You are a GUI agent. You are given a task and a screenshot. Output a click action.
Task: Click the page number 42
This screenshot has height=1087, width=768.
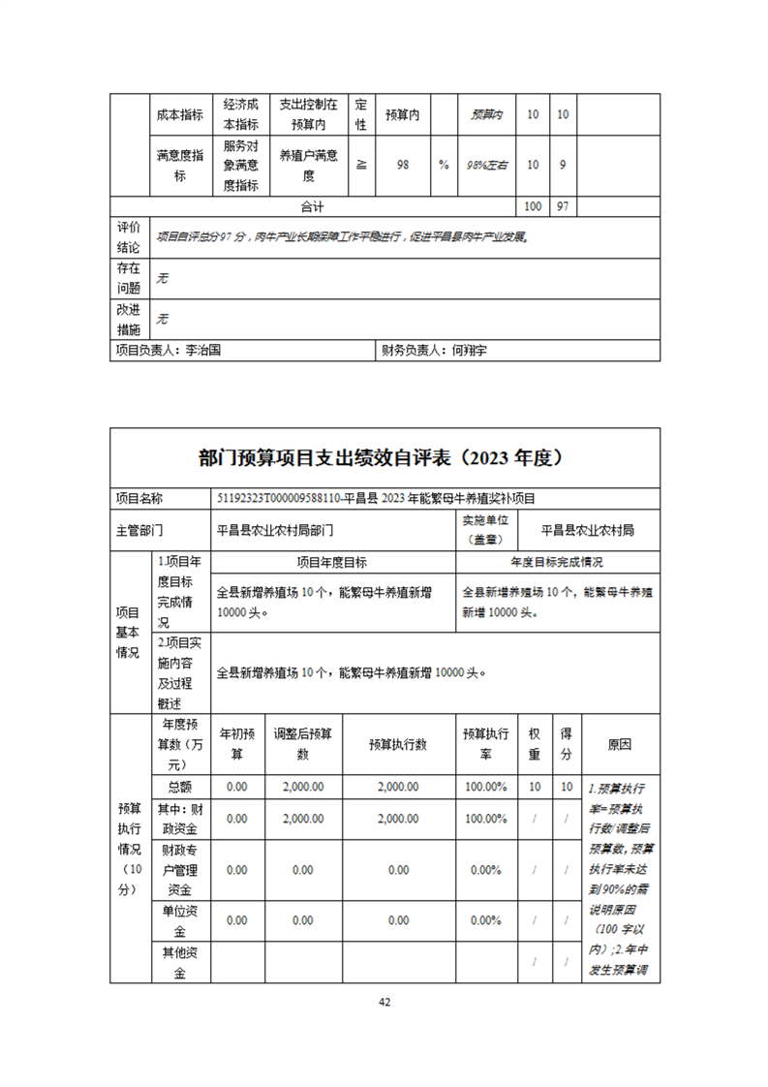click(384, 1001)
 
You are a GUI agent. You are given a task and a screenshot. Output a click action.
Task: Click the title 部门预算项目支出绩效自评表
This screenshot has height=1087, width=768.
click(384, 457)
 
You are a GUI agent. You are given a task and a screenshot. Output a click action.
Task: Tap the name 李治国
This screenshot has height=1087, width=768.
click(202, 351)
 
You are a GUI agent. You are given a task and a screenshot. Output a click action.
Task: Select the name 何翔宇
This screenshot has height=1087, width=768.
click(470, 351)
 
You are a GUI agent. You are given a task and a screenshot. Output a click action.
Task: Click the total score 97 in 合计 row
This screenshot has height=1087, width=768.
click(563, 206)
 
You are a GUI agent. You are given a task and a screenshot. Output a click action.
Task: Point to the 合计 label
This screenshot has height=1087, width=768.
click(312, 206)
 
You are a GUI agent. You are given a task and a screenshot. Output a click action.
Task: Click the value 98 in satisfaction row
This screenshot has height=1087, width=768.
click(402, 165)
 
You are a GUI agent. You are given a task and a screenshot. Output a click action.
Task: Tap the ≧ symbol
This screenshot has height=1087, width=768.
click(360, 165)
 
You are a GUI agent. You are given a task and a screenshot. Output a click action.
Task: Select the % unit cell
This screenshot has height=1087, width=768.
click(444, 165)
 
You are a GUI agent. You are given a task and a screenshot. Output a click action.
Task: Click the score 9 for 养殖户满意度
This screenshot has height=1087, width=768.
click(563, 165)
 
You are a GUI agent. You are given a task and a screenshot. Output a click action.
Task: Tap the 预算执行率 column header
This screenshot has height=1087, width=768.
click(485, 744)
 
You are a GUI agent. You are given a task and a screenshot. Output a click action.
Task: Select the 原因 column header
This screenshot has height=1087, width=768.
click(620, 744)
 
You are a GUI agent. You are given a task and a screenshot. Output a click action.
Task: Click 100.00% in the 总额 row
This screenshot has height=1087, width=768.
click(485, 787)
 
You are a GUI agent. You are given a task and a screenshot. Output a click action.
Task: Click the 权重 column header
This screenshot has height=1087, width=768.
click(534, 744)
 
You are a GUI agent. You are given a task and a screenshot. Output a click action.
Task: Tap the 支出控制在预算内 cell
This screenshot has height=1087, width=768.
click(308, 114)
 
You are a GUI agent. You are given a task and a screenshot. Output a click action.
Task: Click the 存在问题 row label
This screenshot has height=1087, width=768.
click(129, 278)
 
